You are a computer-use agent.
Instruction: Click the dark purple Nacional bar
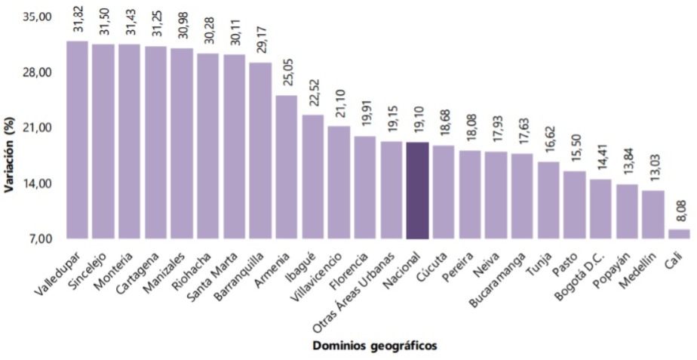click(x=417, y=190)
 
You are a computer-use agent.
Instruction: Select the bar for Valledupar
click(x=77, y=140)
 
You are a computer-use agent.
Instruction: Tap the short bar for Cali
click(x=679, y=234)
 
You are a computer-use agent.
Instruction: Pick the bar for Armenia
click(x=286, y=167)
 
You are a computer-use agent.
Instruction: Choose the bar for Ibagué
click(x=312, y=177)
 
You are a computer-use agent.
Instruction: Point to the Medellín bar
click(x=652, y=214)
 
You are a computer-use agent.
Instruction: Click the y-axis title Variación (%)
click(x=11, y=128)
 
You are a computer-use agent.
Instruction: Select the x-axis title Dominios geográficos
click(x=375, y=346)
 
